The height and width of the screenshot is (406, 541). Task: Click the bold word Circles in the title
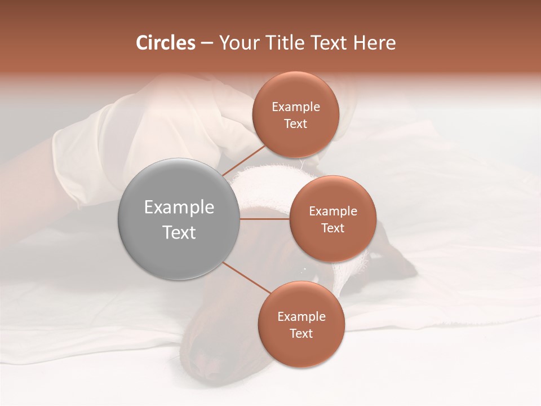coord(166,43)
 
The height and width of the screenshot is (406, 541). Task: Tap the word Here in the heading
coord(375,43)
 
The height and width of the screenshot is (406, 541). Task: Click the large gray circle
coord(179,219)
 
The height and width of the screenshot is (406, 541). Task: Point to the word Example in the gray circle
coord(179,208)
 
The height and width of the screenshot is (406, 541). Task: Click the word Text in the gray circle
coord(179,232)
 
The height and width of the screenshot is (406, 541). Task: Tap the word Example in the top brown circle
coord(295,107)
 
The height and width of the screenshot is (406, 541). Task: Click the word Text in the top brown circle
coord(295,124)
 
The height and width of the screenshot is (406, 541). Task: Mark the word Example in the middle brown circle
coord(332,211)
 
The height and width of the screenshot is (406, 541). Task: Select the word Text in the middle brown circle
coord(332,228)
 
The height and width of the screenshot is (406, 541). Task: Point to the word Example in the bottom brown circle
coord(301,317)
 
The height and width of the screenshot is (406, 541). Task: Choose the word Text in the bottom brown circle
coord(301,334)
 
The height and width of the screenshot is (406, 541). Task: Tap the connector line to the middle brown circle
coord(265,219)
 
